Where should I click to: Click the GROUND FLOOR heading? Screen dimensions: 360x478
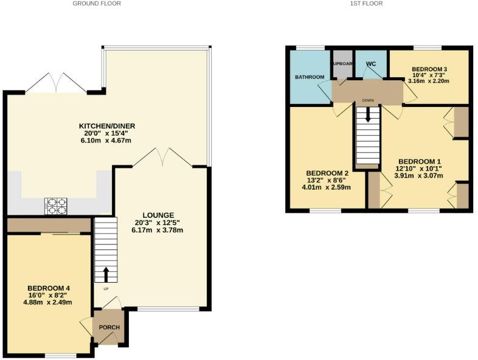pyautogui.click(x=97, y=4)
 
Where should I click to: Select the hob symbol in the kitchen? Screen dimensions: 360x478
pyautogui.click(x=55, y=207)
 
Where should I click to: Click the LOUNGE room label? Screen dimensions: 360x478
pyautogui.click(x=158, y=215)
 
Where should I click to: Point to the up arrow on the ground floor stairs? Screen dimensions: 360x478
pyautogui.click(x=106, y=274)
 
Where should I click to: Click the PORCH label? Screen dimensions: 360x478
pyautogui.click(x=109, y=327)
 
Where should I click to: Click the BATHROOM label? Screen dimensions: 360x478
pyautogui.click(x=309, y=77)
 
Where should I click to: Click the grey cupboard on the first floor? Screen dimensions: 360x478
pyautogui.click(x=342, y=64)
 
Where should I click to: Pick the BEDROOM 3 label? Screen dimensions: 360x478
pyautogui.click(x=429, y=70)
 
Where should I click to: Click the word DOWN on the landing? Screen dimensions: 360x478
pyautogui.click(x=367, y=100)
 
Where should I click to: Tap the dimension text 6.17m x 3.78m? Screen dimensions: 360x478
pyautogui.click(x=158, y=230)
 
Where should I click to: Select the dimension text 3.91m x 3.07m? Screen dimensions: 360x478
pyautogui.click(x=417, y=176)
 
